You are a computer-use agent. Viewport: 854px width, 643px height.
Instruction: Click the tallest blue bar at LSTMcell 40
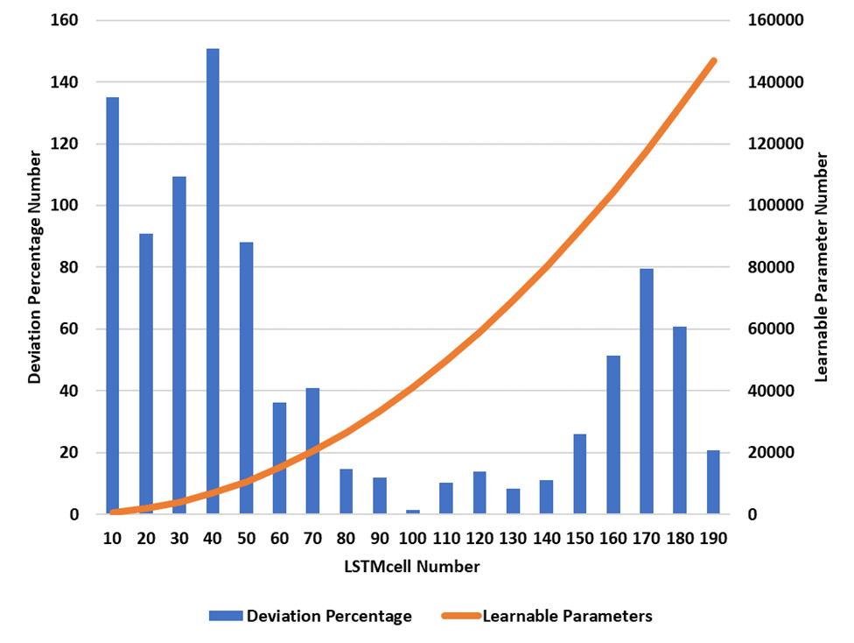[213, 280]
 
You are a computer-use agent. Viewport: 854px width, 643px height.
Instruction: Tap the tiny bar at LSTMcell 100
[413, 512]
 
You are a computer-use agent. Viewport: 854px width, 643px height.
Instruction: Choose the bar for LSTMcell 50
[246, 378]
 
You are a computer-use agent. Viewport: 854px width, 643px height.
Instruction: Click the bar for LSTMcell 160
[613, 435]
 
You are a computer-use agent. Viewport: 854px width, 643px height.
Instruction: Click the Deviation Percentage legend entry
[310, 616]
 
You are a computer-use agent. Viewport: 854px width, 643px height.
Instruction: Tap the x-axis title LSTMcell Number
[411, 567]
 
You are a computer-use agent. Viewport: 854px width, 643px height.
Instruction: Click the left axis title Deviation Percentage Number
[34, 267]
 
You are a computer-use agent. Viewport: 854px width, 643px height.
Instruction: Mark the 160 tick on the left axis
[64, 20]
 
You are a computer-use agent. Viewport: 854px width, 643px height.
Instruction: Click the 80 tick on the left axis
[68, 267]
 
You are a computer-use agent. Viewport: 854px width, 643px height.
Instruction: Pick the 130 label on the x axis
[513, 539]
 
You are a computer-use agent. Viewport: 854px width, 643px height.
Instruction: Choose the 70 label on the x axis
[312, 539]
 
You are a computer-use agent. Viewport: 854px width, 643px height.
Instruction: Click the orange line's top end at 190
[714, 60]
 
